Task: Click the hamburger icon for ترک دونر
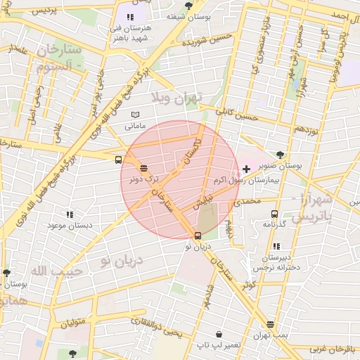click(x=143, y=168)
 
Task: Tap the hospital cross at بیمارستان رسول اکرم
click(x=246, y=169)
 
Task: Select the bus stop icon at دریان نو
click(x=198, y=236)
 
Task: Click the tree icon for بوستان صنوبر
click(x=281, y=154)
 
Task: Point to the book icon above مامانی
click(x=136, y=115)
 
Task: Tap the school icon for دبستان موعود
click(x=69, y=214)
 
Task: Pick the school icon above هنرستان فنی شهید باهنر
click(x=129, y=16)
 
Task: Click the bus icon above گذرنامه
click(x=274, y=213)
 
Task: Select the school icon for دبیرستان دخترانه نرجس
click(x=276, y=246)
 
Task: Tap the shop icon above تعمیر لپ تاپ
click(x=220, y=334)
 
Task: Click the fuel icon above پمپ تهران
click(x=270, y=324)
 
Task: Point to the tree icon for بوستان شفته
click(x=188, y=5)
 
